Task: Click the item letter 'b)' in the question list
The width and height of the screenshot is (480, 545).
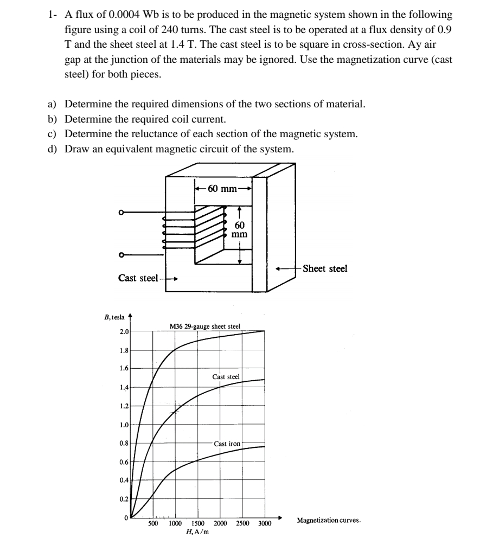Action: [54, 118]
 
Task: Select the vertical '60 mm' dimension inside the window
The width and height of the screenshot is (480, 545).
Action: [239, 229]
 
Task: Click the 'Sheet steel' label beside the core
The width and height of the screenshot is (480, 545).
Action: [325, 268]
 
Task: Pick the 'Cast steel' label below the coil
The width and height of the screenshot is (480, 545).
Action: [138, 278]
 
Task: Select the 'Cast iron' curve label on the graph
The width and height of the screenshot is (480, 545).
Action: [227, 444]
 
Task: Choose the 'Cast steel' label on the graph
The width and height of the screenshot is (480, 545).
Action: [226, 376]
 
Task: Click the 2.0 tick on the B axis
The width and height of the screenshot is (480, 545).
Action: [123, 331]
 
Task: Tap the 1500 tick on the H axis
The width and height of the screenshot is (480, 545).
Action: [197, 524]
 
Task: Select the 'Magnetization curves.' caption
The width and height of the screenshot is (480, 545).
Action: [329, 520]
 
